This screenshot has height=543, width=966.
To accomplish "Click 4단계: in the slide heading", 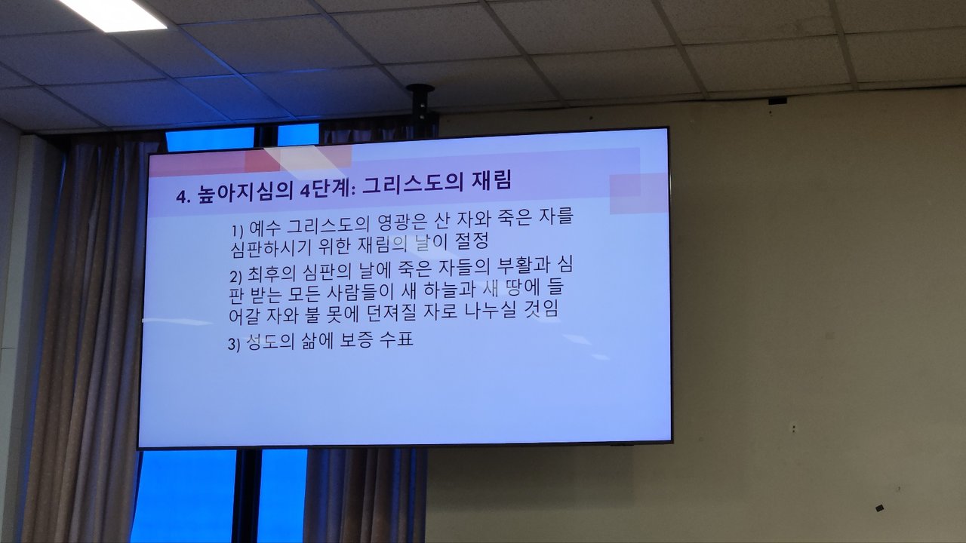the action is [328, 189].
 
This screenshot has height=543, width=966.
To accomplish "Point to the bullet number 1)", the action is [238, 231].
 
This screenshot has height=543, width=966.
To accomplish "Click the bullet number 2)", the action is [235, 277].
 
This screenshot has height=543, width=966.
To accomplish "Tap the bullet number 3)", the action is [234, 345].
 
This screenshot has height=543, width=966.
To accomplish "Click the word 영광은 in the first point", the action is [401, 222].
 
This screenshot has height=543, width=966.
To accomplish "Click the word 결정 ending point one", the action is [472, 241].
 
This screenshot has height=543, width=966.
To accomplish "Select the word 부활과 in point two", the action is [522, 265].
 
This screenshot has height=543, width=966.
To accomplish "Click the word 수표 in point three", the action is [396, 339].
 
